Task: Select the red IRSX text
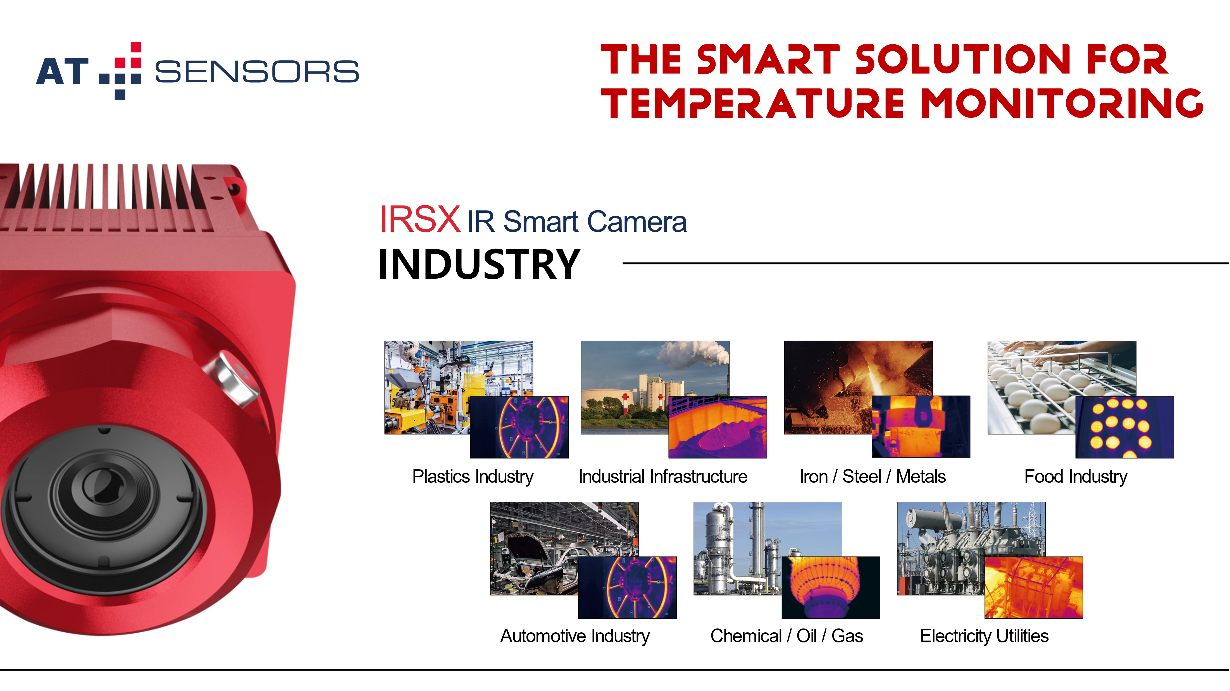[420, 219]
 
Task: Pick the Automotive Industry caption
[575, 636]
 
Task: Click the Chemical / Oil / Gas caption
[786, 636]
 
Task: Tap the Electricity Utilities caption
[984, 636]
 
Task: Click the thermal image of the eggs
[1124, 427]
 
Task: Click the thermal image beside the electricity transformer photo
[1034, 587]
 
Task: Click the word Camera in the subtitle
[637, 222]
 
